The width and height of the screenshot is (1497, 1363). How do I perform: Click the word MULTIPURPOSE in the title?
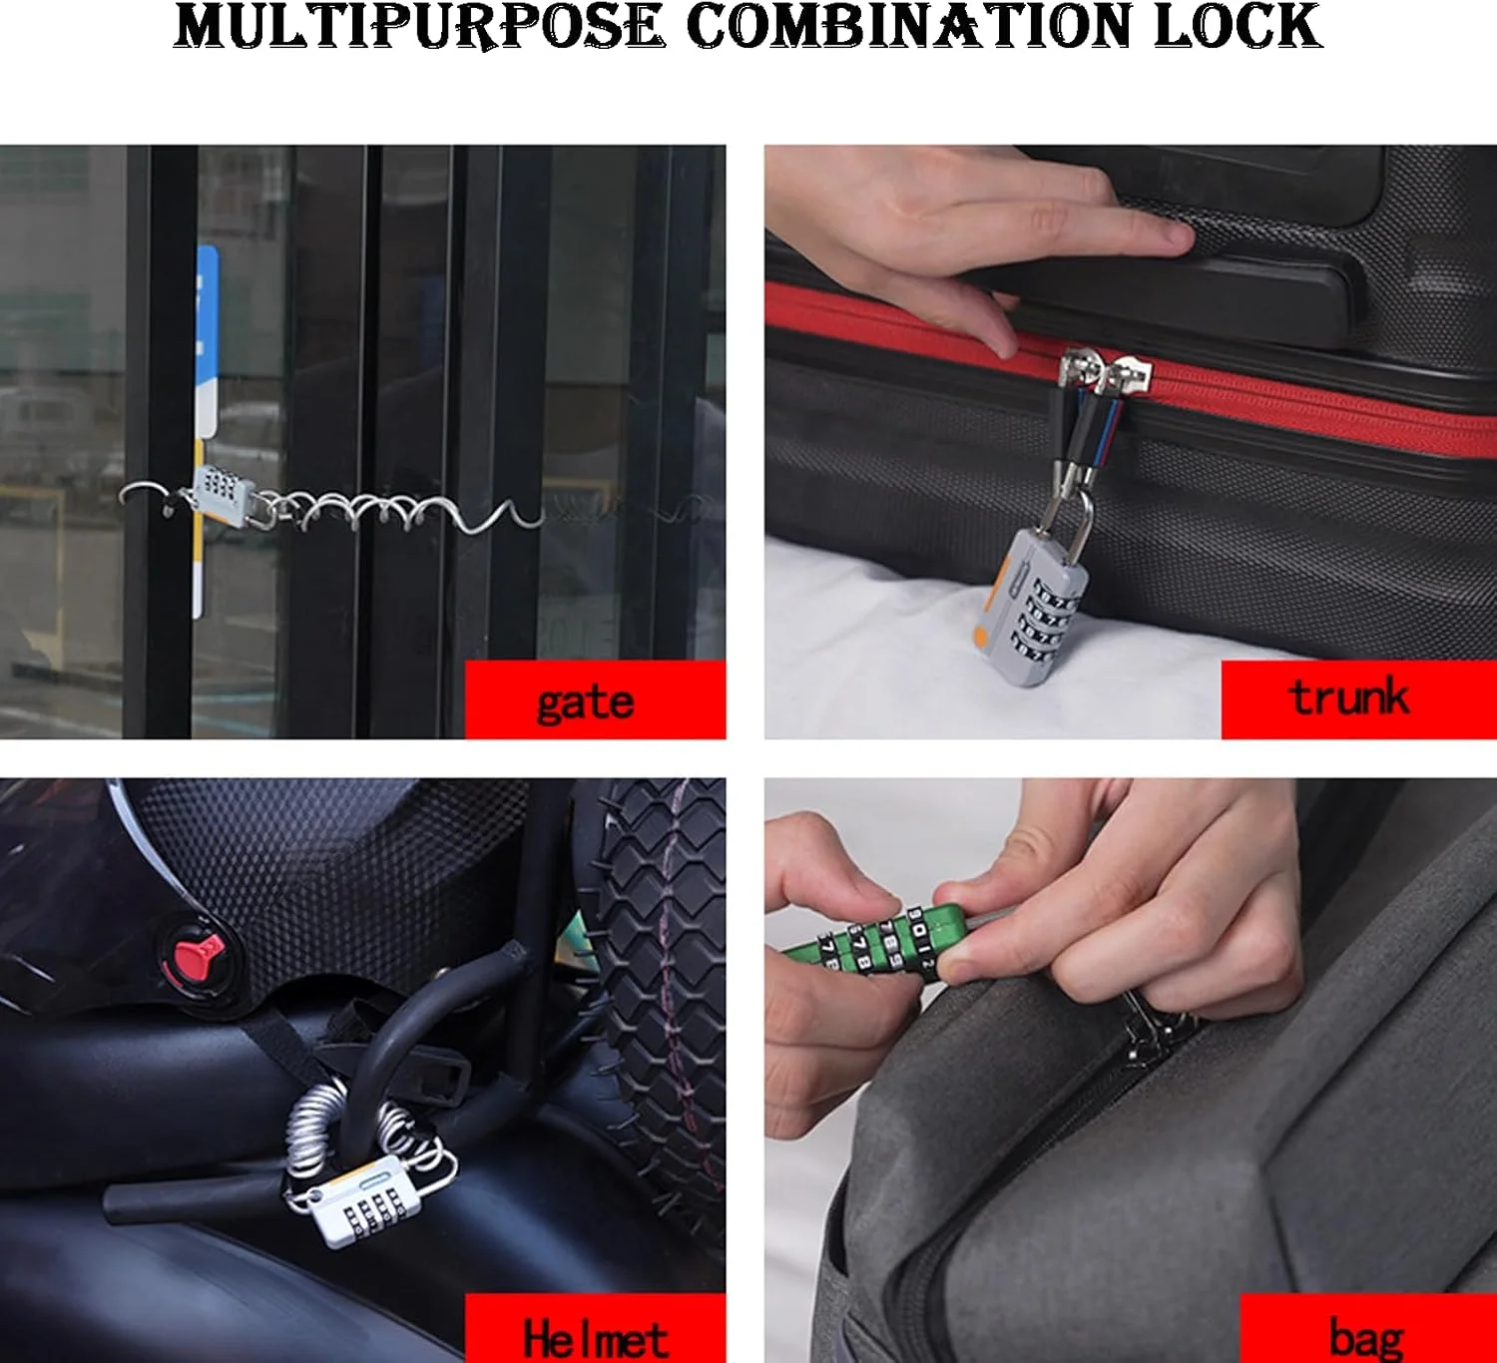point(419,28)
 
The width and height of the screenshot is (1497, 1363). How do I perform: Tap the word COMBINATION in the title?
point(910,27)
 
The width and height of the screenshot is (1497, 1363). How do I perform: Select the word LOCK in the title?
point(1239,27)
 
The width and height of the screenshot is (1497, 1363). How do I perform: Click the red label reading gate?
point(595,699)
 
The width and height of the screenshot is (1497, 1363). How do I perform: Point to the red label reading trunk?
point(1358,699)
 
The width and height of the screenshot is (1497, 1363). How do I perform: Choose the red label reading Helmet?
point(595,1328)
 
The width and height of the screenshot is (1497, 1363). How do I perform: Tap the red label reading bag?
point(1368,1328)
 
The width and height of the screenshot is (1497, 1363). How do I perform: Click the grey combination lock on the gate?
point(221,493)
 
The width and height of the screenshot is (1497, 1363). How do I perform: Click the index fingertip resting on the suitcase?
point(1173,236)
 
